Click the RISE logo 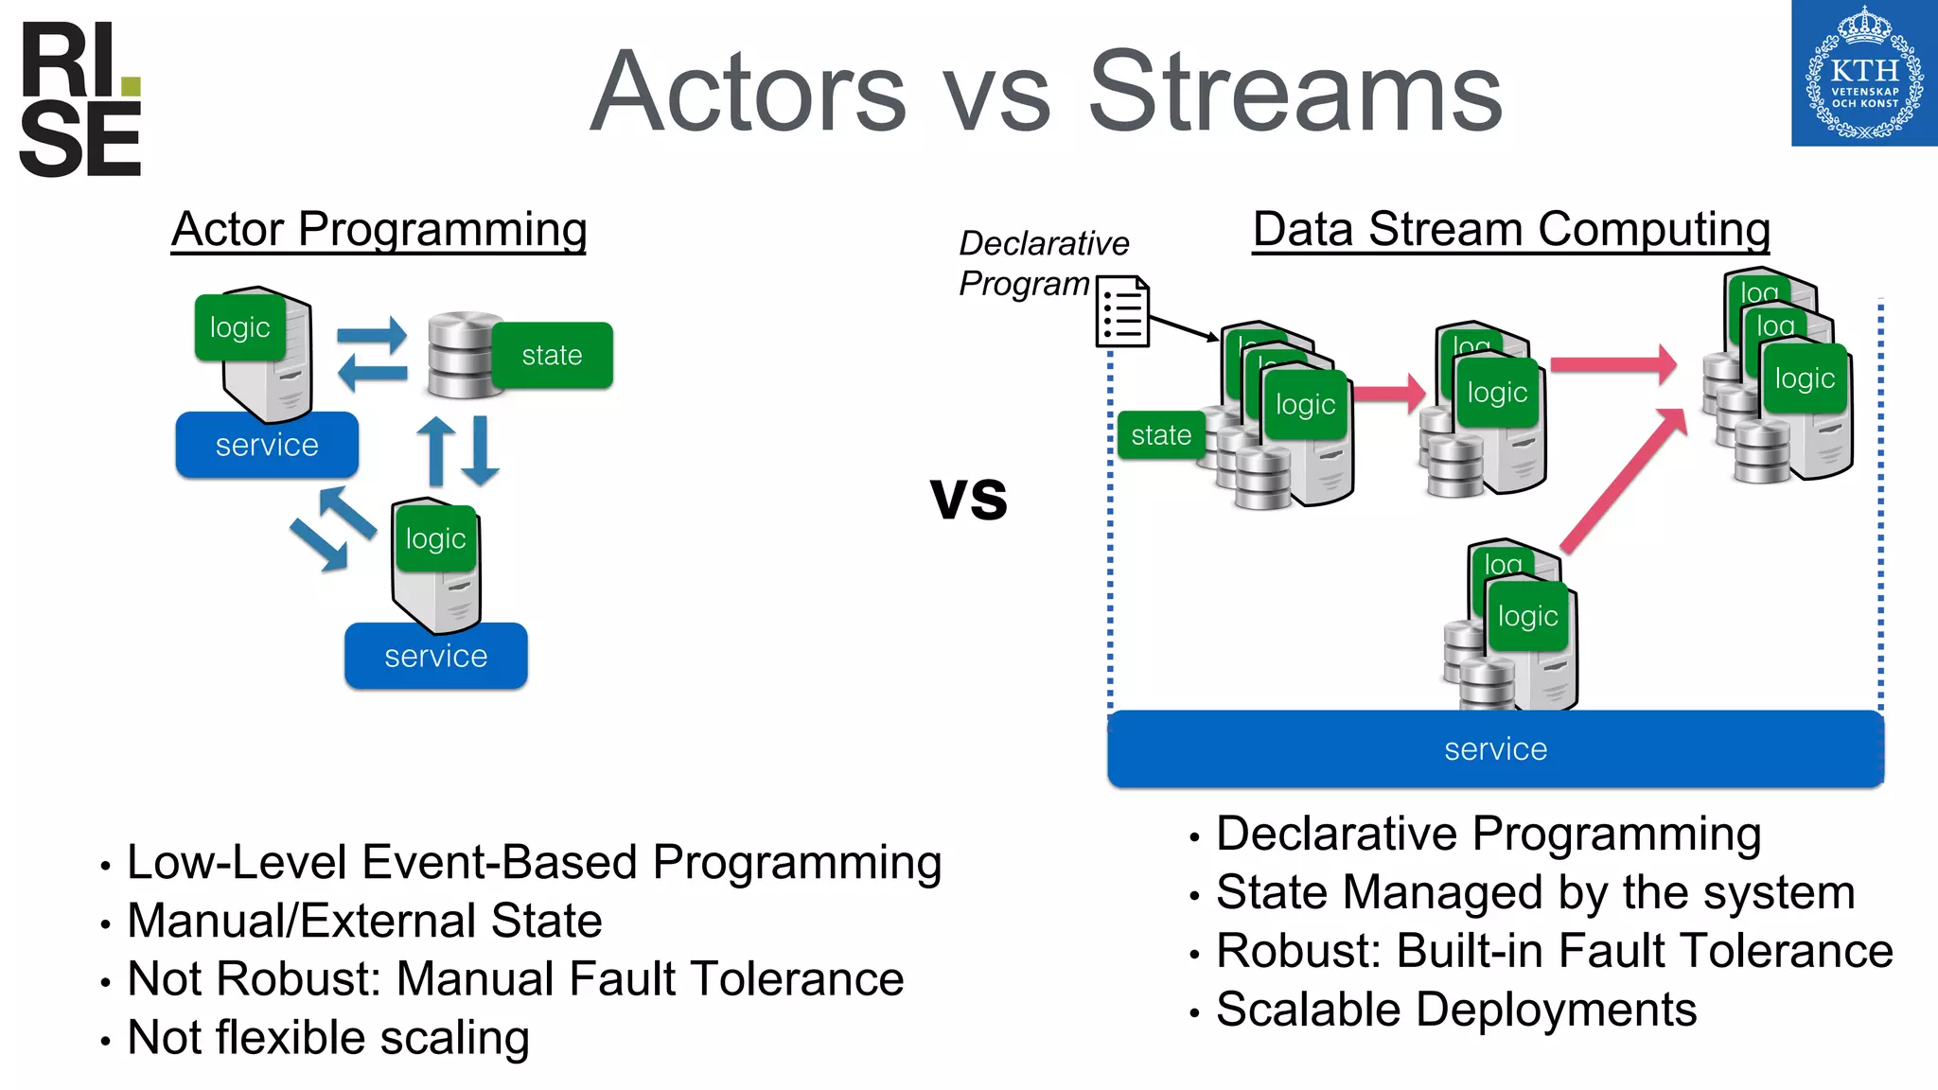click(x=79, y=99)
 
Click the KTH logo click(x=1863, y=74)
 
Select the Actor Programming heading click(x=379, y=230)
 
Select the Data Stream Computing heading click(x=1510, y=230)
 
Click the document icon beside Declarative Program click(x=1122, y=311)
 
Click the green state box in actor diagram click(x=552, y=355)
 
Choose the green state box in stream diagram click(x=1160, y=435)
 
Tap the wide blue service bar click(x=1495, y=749)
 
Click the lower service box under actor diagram click(x=435, y=656)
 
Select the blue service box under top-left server click(x=267, y=445)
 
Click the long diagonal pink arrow click(x=1622, y=481)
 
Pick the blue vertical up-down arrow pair click(x=458, y=450)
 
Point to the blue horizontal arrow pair click(x=372, y=355)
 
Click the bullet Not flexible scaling click(x=327, y=1038)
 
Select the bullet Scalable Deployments click(x=1455, y=1010)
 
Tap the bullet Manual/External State click(x=364, y=921)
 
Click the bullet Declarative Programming click(x=1488, y=835)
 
